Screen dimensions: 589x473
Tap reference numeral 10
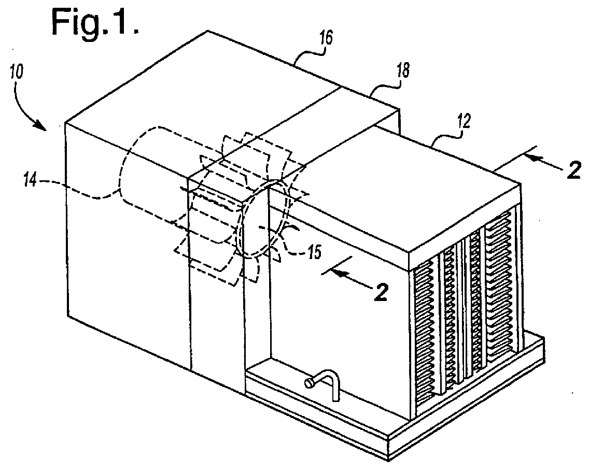[16, 71]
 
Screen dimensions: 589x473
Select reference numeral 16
[326, 39]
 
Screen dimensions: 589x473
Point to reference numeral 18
[403, 70]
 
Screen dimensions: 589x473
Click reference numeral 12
[464, 122]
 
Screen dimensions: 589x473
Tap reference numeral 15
[314, 252]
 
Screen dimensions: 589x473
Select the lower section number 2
[381, 292]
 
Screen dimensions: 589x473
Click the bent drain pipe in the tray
[324, 383]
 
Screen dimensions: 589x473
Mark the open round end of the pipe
[309, 384]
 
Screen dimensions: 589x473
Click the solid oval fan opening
[262, 218]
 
